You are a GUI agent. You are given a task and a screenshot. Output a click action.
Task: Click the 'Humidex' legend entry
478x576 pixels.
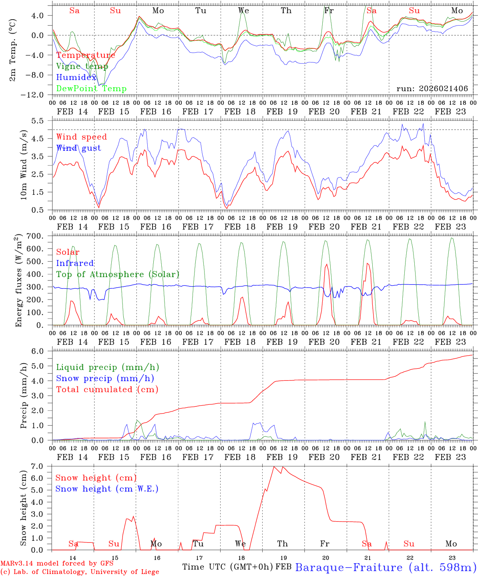[76, 78]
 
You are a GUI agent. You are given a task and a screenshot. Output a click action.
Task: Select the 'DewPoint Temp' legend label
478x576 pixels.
[91, 89]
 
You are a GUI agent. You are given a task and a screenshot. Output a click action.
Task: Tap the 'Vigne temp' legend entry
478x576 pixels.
[82, 66]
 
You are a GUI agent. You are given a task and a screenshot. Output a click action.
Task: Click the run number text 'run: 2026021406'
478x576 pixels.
[432, 89]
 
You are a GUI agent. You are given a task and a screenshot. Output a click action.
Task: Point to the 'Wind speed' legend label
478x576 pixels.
[82, 137]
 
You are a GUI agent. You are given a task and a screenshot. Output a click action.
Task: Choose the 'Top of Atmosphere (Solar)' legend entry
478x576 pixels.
[118, 274]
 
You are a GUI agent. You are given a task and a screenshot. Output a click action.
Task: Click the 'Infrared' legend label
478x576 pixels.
[75, 263]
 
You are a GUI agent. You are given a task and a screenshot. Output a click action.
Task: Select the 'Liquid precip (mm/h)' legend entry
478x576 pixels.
[108, 367]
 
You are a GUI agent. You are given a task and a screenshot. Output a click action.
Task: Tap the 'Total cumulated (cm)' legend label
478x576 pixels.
[107, 390]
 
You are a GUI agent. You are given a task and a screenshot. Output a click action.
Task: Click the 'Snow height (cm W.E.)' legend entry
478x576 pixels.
[107, 489]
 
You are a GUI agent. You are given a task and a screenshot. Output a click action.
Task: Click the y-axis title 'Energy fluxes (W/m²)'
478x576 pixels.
[18, 281]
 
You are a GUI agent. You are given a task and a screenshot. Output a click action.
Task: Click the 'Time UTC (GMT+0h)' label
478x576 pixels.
[227, 567]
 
